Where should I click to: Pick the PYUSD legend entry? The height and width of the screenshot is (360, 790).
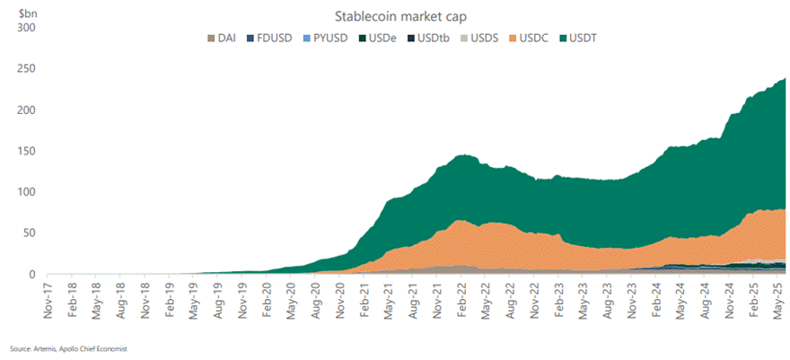(x=328, y=38)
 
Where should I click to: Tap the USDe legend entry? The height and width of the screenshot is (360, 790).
(x=382, y=38)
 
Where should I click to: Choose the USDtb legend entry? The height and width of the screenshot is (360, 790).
(x=434, y=38)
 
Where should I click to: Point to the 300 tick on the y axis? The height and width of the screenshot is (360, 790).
(x=25, y=27)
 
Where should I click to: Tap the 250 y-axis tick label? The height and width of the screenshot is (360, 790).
(x=25, y=68)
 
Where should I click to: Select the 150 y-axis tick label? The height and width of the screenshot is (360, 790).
(x=25, y=151)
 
